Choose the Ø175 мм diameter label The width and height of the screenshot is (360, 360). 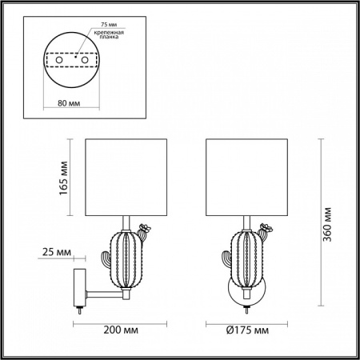point(246,327)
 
